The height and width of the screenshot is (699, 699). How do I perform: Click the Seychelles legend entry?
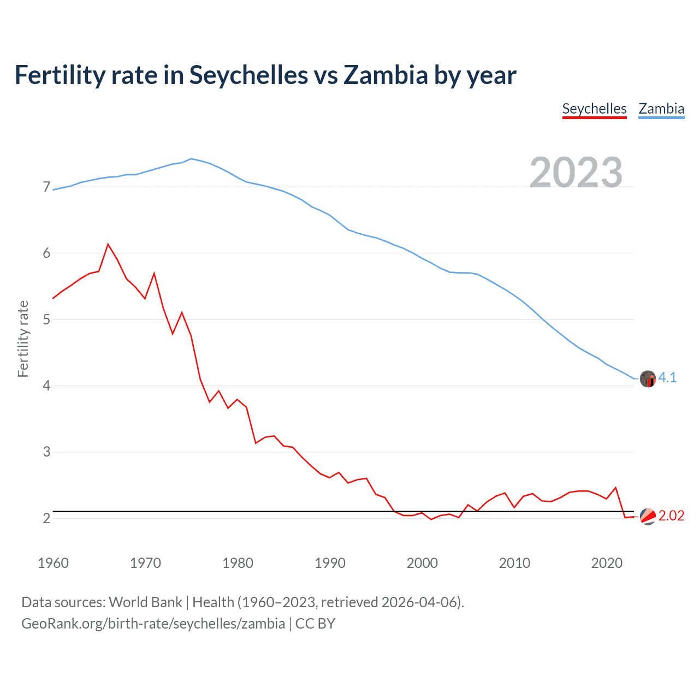[594, 109]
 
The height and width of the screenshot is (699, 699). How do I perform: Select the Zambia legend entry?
[661, 109]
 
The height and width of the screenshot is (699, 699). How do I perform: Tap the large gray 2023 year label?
[576, 172]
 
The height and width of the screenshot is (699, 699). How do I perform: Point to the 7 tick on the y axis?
[46, 187]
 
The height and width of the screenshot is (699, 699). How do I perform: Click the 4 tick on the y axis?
[46, 386]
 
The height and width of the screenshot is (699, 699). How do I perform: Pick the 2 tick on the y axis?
[46, 518]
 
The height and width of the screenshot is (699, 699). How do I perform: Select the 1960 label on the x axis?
[53, 563]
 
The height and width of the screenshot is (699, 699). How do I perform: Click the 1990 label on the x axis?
[330, 563]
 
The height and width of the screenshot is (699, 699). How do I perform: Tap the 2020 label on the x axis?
[607, 563]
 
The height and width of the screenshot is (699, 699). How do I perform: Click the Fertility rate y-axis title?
[23, 339]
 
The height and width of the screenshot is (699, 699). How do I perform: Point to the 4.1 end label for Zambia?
[667, 377]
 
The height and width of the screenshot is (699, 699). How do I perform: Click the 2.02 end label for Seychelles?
[671, 516]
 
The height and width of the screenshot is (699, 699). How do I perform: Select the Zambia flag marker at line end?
[648, 378]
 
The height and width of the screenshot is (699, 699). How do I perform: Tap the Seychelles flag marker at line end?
[648, 516]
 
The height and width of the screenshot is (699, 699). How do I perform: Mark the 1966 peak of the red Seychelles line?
[108, 244]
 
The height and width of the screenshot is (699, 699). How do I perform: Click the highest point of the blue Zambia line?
[191, 158]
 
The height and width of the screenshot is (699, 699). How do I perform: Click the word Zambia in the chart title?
[386, 75]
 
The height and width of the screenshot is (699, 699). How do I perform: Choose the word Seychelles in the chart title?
[248, 75]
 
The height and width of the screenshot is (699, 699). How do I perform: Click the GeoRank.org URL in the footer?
[153, 624]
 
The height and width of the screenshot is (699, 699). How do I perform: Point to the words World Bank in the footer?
[145, 602]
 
